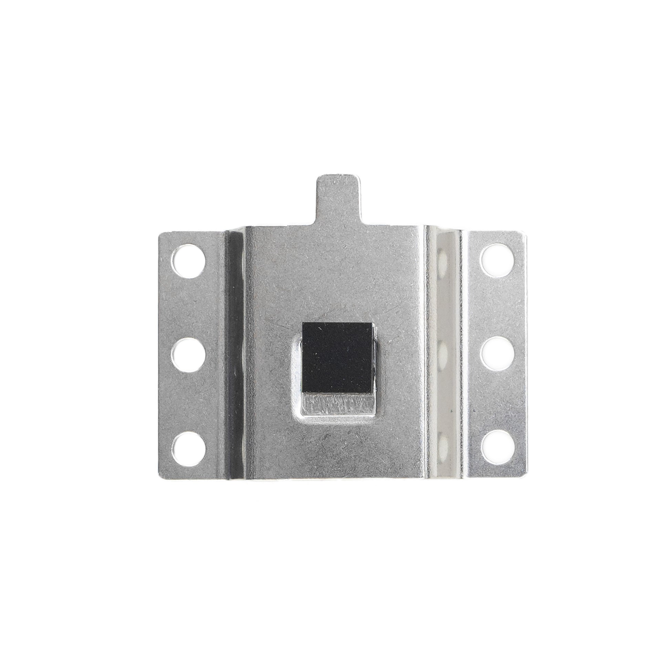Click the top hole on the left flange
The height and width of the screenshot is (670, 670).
pos(189,261)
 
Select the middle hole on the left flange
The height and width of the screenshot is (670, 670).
pos(189,355)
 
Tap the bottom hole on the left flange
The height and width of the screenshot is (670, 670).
pos(189,449)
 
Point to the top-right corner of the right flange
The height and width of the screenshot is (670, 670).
pos(524,232)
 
